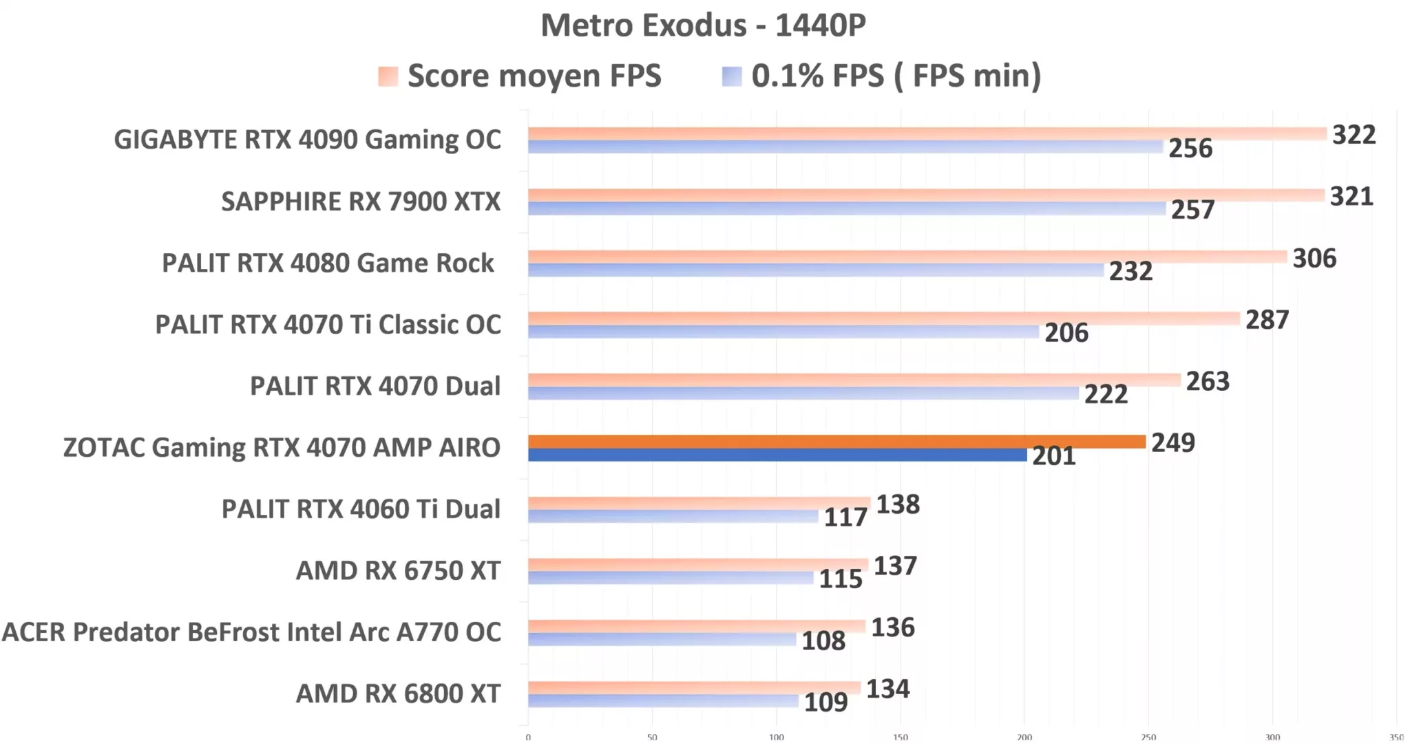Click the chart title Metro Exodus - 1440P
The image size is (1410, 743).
pyautogui.click(x=703, y=26)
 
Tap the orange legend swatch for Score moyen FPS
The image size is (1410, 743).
pyautogui.click(x=388, y=76)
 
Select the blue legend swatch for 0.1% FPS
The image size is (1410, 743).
pyautogui.click(x=732, y=76)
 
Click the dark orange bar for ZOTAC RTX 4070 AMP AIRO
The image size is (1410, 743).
pyautogui.click(x=836, y=442)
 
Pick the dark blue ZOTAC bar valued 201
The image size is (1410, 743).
pyautogui.click(x=777, y=455)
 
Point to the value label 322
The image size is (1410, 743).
pyautogui.click(x=1354, y=135)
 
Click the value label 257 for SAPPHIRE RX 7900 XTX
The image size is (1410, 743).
pyautogui.click(x=1192, y=210)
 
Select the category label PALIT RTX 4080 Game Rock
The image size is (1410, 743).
pyautogui.click(x=328, y=263)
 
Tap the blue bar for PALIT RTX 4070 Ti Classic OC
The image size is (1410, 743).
pyautogui.click(x=783, y=332)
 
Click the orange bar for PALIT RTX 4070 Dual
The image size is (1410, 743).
pyautogui.click(x=854, y=380)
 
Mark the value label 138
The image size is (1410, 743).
pyautogui.click(x=898, y=504)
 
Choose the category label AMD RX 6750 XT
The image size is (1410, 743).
pyautogui.click(x=398, y=571)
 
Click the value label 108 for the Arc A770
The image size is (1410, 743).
pyautogui.click(x=823, y=641)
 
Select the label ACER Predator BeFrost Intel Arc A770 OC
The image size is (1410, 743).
pyautogui.click(x=251, y=632)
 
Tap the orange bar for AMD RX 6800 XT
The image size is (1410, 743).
pyautogui.click(x=694, y=687)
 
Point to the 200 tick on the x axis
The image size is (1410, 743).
pyautogui.click(x=1024, y=737)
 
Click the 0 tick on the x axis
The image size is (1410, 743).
pyautogui.click(x=528, y=737)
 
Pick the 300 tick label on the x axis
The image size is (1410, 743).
pyautogui.click(x=1272, y=737)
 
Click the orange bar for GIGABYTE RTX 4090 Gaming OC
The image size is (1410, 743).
pyautogui.click(x=927, y=133)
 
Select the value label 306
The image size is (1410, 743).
pyautogui.click(x=1314, y=259)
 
